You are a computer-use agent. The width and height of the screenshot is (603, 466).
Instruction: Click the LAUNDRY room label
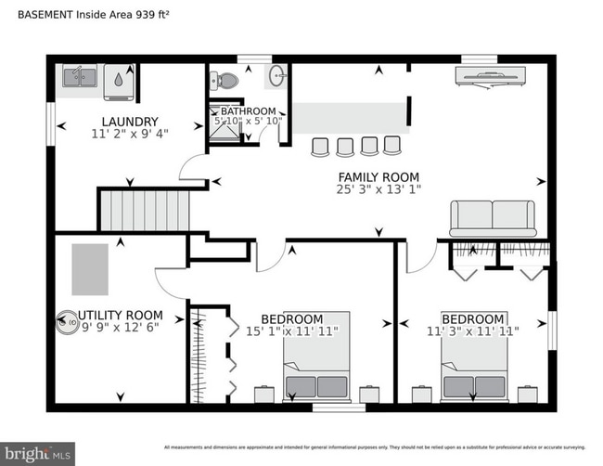[x=130, y=122]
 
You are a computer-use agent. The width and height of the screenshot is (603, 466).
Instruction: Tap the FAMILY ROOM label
[x=378, y=177]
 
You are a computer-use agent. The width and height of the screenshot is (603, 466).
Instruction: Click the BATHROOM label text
[x=247, y=111]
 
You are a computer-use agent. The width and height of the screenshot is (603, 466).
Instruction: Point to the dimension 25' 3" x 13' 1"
[x=378, y=190]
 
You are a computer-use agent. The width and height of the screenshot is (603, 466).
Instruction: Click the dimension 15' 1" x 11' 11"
[x=291, y=330]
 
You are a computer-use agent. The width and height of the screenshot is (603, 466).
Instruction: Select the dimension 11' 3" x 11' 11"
[x=472, y=330]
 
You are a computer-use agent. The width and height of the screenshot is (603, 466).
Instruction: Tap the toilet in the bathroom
[x=225, y=81]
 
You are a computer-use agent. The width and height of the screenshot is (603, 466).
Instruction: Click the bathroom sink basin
[x=276, y=76]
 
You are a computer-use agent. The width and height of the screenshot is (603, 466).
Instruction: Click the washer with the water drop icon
[x=119, y=80]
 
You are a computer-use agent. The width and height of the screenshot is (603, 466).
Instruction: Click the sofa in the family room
[x=493, y=218]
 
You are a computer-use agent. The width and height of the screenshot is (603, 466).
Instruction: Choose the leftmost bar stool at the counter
[x=321, y=146]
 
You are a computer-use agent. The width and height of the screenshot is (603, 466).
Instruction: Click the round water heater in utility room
[x=67, y=323]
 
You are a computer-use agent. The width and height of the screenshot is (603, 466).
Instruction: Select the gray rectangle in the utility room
[x=90, y=269]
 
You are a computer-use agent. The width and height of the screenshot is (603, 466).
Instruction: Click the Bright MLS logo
[x=38, y=454]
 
